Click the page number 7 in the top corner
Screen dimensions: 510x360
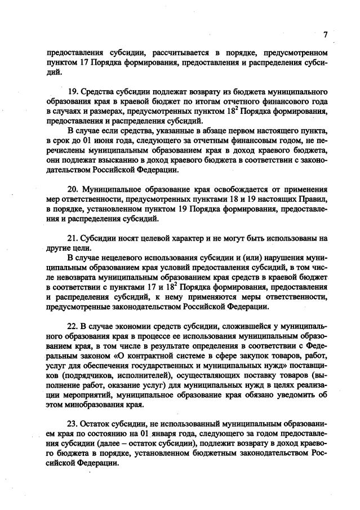325,34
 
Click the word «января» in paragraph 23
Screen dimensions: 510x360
152,434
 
